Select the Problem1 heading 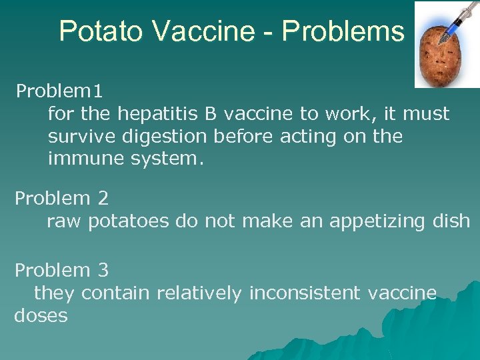(59, 89)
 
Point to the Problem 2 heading (61, 198)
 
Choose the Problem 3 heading (61, 270)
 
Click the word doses (41, 315)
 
